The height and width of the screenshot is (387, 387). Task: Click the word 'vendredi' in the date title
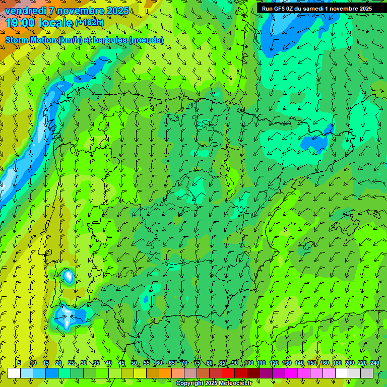pos(26,11)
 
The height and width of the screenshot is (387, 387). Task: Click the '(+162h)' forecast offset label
pos(89,22)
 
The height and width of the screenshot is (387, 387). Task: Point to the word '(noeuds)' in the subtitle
pos(146,40)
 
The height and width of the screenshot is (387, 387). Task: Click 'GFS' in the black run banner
pos(279,9)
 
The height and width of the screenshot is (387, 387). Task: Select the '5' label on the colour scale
pos(19,363)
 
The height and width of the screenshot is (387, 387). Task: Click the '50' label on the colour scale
pos(134,363)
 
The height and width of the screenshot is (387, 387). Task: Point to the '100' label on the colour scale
pos(249,363)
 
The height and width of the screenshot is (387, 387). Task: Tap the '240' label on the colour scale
pos(375,363)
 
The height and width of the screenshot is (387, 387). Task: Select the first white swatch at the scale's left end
pos(14,373)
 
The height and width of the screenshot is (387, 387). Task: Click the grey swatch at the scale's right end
pos(367,373)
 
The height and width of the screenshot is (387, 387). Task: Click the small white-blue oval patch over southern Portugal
pos(68,276)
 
